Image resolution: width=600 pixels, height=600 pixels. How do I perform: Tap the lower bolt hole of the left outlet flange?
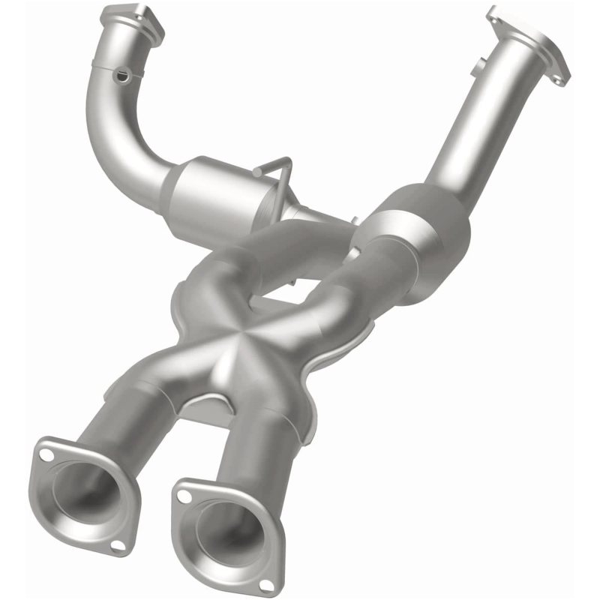[x=116, y=545]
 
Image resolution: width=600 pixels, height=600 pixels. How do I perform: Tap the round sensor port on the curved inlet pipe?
[x=120, y=75]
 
